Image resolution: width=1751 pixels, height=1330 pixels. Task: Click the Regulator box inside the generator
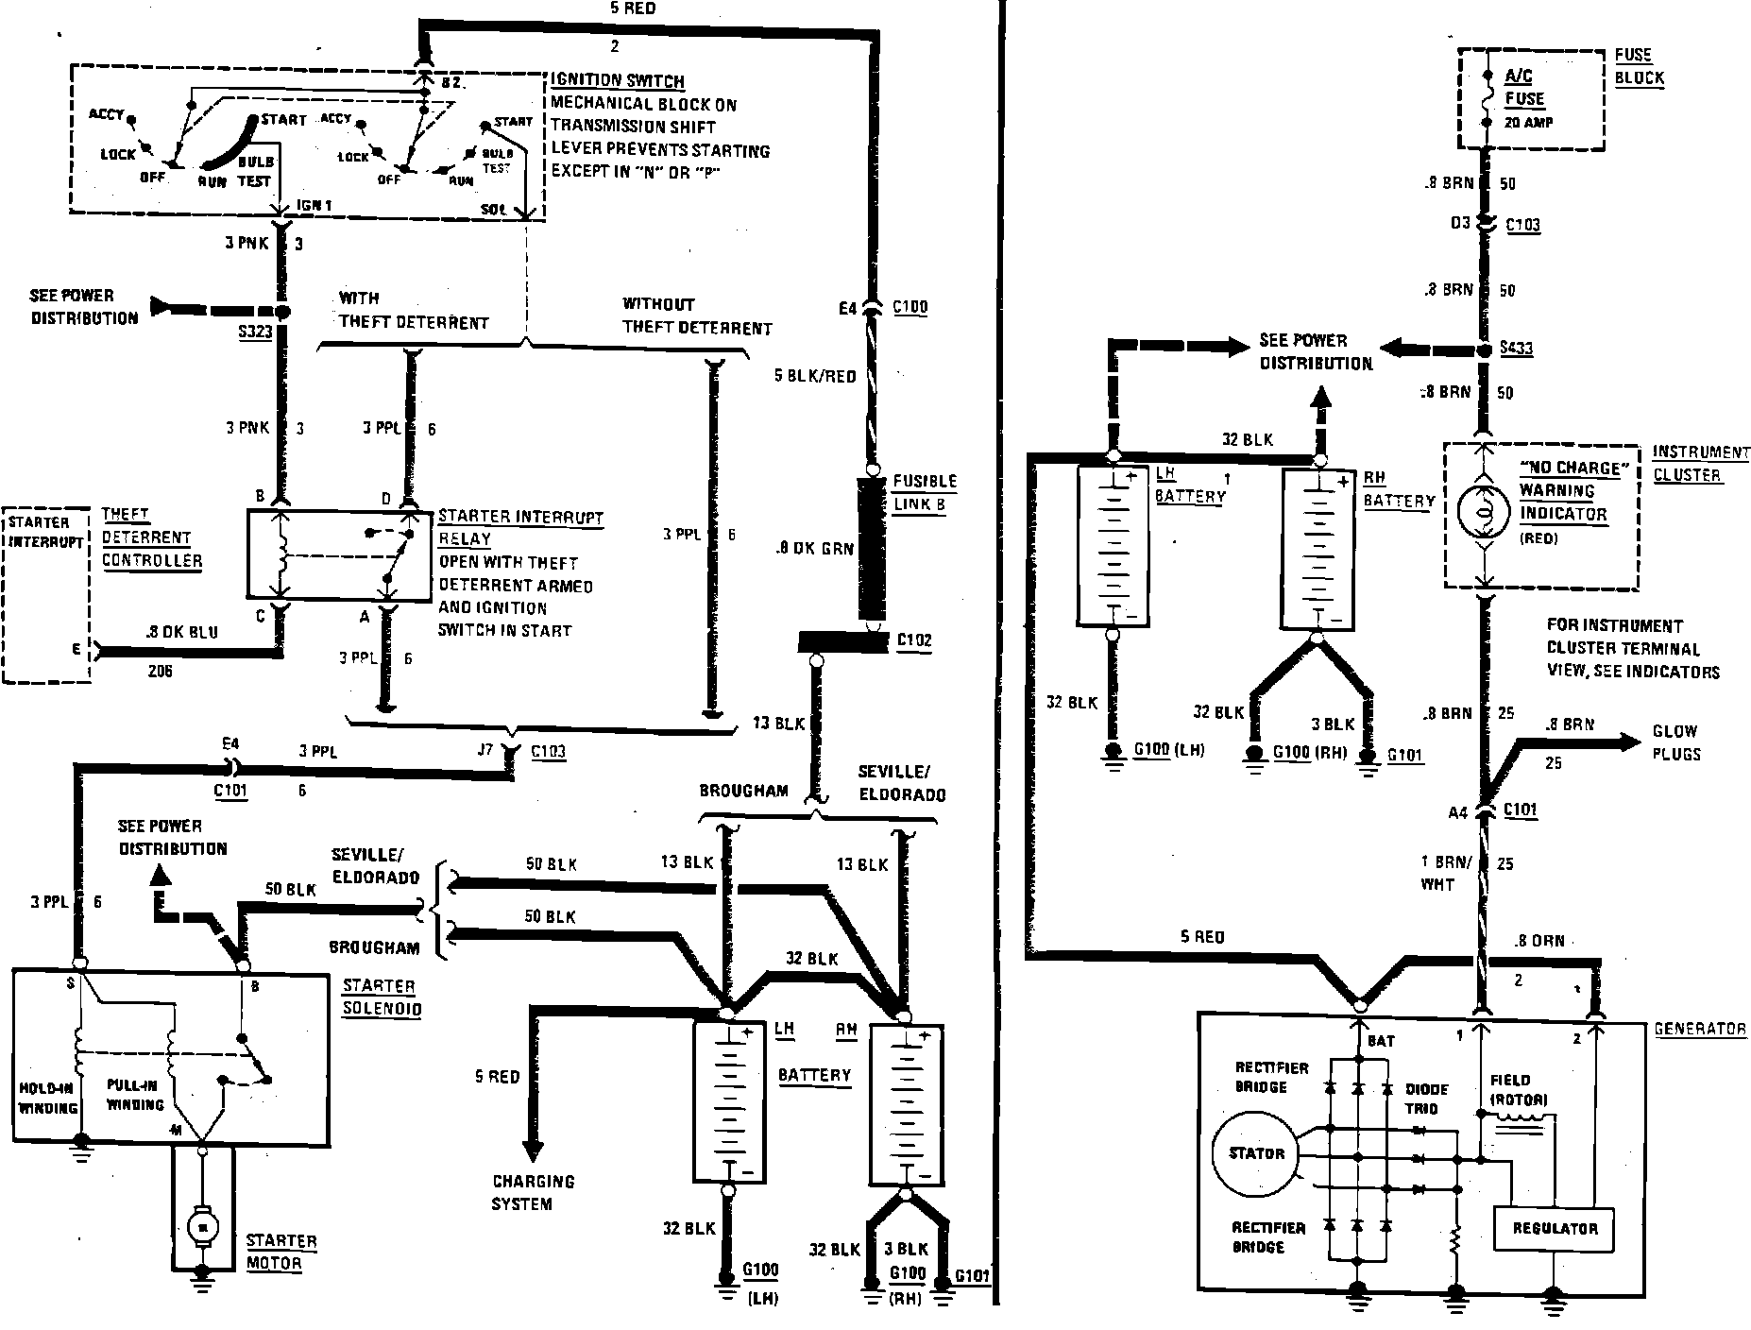coord(1554,1229)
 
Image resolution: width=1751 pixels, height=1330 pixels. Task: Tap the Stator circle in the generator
coord(1256,1153)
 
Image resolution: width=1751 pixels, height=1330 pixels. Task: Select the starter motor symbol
coord(200,1227)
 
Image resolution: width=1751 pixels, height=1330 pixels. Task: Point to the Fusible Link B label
coord(925,492)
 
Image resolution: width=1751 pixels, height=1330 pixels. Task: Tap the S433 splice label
coord(1517,349)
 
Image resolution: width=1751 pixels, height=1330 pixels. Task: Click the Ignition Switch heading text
coord(618,81)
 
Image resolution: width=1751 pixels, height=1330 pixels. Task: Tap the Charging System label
coord(533,1192)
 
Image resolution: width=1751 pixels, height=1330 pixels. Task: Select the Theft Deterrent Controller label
coord(151,537)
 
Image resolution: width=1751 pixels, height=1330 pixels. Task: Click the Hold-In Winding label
coord(47,1098)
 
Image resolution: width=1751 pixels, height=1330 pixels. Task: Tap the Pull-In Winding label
coord(135,1096)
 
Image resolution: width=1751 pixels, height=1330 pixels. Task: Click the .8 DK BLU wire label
coord(182,632)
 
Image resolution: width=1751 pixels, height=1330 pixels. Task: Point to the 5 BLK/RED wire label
coord(814,376)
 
